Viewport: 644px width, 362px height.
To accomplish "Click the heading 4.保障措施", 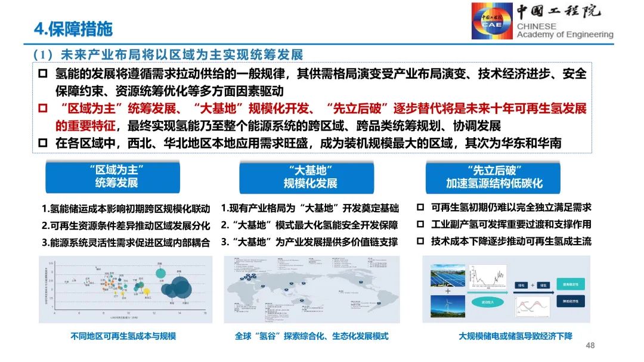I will click(x=72, y=28).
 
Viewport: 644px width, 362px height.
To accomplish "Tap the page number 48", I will click(x=590, y=346).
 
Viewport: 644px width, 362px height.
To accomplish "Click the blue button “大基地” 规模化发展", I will click(x=310, y=176).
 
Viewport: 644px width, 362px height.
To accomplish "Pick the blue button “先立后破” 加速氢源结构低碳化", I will click(x=494, y=176).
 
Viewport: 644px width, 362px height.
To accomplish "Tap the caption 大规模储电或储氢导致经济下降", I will click(x=515, y=336).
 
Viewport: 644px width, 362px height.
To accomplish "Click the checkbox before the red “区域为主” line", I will click(x=42, y=109).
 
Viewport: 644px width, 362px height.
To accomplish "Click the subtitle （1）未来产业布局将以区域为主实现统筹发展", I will click(x=169, y=55).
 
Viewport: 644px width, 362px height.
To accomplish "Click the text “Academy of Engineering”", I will click(x=564, y=35).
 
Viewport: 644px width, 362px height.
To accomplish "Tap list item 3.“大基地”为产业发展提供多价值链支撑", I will click(x=309, y=242).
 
